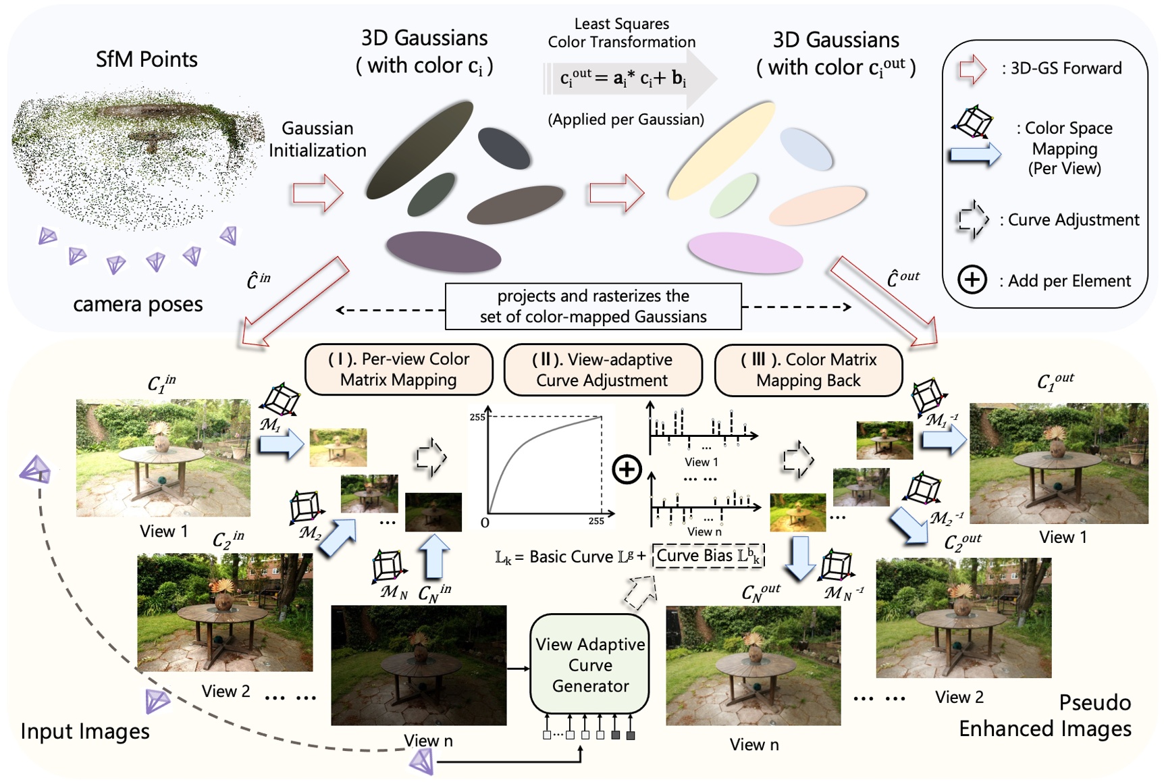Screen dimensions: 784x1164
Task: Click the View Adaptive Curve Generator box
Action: [x=589, y=664]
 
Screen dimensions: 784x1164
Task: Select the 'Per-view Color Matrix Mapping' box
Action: [x=398, y=369]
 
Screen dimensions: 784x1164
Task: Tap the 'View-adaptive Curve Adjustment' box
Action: [x=602, y=369]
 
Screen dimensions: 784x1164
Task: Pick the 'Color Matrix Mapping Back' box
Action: [x=808, y=369]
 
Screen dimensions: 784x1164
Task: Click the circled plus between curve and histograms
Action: [x=627, y=469]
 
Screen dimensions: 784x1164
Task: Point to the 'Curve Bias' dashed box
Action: [x=708, y=556]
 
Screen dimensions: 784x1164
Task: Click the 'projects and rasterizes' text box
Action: [x=593, y=306]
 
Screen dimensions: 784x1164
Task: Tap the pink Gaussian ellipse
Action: [x=745, y=253]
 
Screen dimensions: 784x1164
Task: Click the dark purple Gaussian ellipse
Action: [x=443, y=252]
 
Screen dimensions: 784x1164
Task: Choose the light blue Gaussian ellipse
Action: [x=806, y=149]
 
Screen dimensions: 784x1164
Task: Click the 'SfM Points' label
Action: [x=147, y=59]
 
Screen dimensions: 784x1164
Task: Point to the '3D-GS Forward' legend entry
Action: [x=1065, y=68]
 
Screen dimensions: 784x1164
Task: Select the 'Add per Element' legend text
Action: [x=1069, y=281]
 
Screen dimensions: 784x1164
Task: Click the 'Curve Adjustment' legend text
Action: [x=1073, y=219]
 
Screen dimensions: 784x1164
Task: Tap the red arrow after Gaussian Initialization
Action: [x=318, y=194]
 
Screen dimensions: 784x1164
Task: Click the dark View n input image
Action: [x=418, y=664]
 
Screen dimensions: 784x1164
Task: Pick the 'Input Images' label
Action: [x=85, y=731]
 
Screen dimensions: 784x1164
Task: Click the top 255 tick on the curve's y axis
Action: [x=477, y=417]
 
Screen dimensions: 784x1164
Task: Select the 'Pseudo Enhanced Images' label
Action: [x=1045, y=716]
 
